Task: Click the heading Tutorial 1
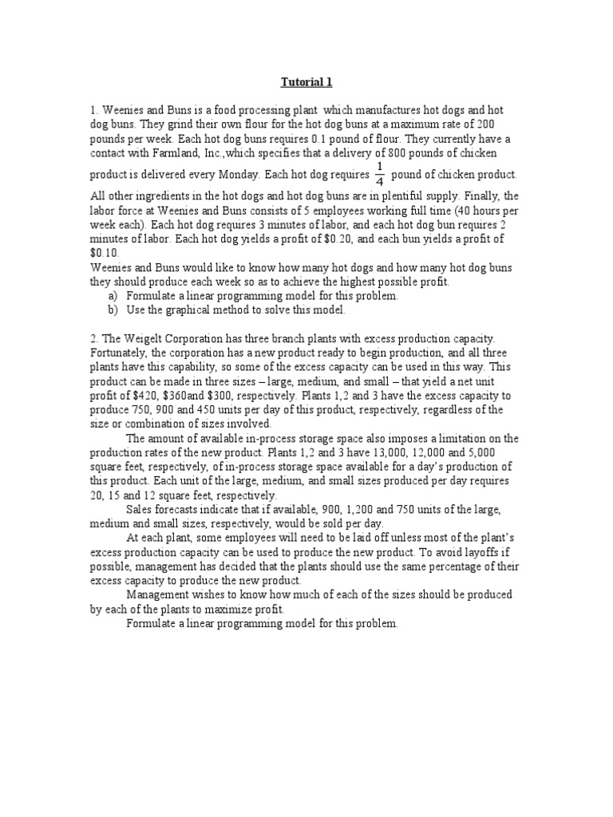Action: [x=306, y=82]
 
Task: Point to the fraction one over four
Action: [x=380, y=173]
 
